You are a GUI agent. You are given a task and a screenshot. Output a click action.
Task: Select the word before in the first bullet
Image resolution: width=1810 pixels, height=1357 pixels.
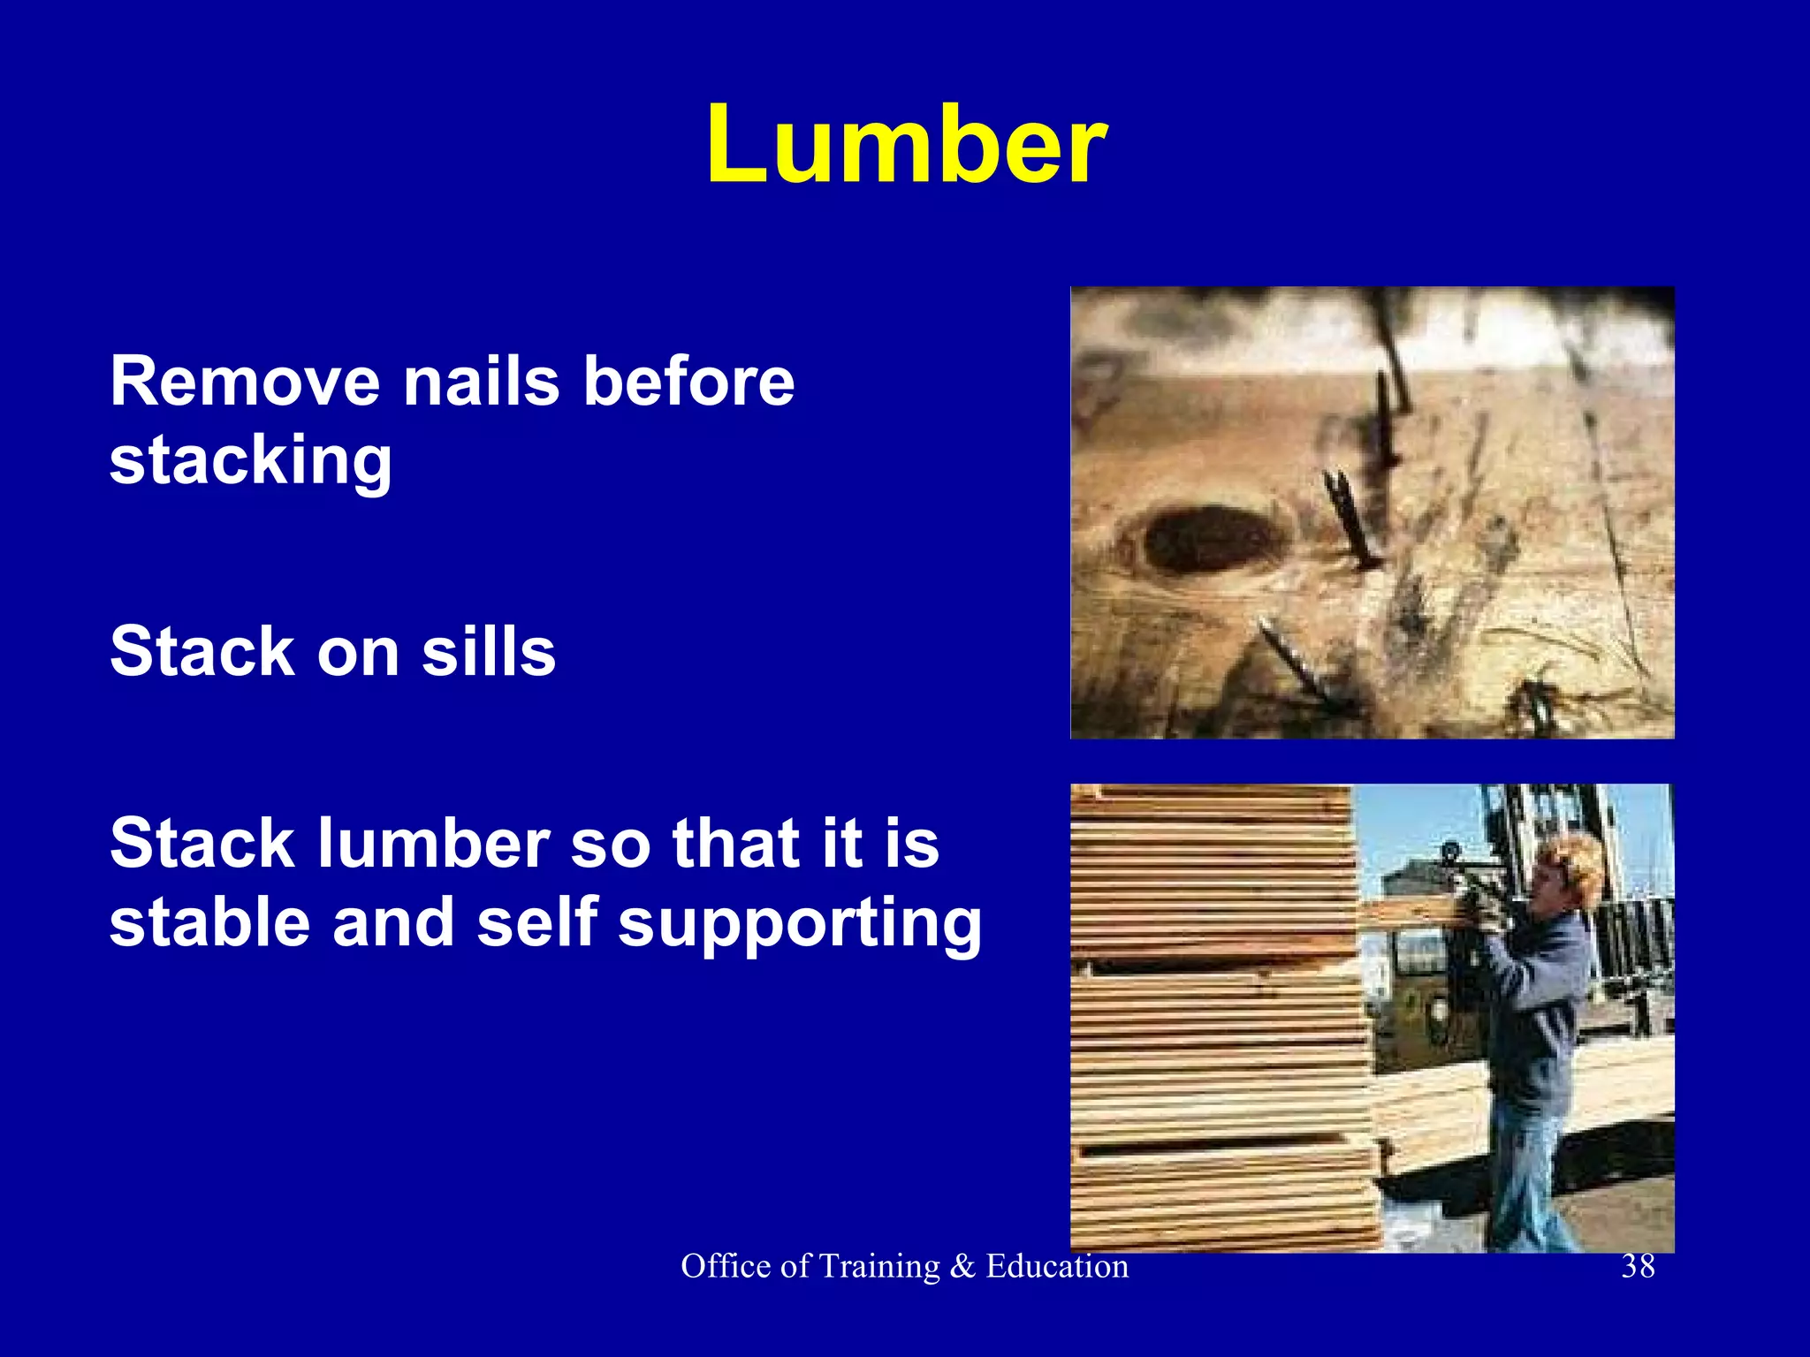click(x=689, y=382)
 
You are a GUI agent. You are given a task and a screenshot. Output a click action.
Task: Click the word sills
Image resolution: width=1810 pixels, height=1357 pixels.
click(x=489, y=651)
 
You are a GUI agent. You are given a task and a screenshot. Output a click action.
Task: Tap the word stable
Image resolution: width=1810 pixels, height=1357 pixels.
click(x=210, y=922)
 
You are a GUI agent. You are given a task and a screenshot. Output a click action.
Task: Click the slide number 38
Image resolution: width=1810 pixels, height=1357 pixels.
click(x=1638, y=1266)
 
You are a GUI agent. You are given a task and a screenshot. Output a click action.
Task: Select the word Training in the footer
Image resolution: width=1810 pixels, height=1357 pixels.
click(x=879, y=1267)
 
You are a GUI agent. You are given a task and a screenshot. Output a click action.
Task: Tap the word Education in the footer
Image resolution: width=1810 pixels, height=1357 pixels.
click(x=1057, y=1266)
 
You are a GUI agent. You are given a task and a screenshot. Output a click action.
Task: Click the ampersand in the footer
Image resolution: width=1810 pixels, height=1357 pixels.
click(x=962, y=1267)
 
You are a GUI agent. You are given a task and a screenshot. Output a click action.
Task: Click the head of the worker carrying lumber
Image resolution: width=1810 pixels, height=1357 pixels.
click(x=1568, y=870)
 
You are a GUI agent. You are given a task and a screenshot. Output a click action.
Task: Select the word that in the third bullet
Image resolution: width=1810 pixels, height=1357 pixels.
click(x=730, y=843)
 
